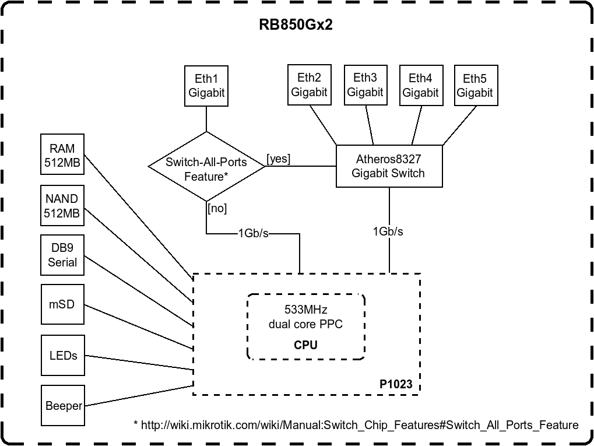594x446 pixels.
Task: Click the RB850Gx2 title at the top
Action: [x=296, y=25]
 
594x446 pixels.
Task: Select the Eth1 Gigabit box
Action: [x=206, y=86]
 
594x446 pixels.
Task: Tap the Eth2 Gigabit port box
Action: [x=309, y=85]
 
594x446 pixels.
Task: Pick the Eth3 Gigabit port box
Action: [x=365, y=85]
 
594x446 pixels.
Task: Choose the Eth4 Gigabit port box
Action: [x=420, y=85]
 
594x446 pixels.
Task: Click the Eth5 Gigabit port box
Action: [x=475, y=86]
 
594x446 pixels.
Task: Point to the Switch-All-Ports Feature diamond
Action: [x=206, y=168]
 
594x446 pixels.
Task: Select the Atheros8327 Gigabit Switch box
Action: [x=389, y=166]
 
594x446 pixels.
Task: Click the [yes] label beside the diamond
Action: [x=279, y=159]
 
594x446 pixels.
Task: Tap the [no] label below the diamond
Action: [x=217, y=208]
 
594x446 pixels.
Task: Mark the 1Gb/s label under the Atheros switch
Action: [x=388, y=231]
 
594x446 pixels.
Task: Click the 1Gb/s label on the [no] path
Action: [x=254, y=234]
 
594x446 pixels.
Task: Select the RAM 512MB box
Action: [x=62, y=154]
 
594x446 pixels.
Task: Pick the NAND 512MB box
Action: [x=62, y=206]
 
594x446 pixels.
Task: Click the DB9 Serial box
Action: [x=62, y=255]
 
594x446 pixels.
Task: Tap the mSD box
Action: [x=62, y=304]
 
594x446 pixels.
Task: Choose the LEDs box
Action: [x=63, y=355]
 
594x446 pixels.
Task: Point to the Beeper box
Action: [x=63, y=405]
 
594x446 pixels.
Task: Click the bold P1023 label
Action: [x=396, y=384]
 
